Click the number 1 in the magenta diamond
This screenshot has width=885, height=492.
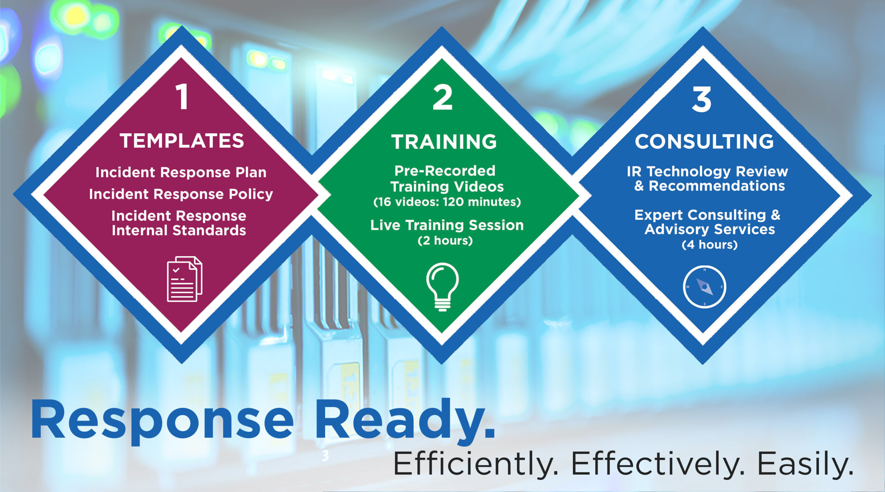[183, 97]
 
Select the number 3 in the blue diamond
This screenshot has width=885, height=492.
[702, 99]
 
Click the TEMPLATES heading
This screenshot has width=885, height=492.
[182, 141]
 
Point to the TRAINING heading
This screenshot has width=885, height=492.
[444, 141]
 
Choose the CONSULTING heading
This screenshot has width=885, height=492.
[704, 141]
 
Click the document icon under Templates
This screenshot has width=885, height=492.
[185, 279]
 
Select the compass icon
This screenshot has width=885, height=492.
[705, 287]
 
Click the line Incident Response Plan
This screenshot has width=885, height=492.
[181, 172]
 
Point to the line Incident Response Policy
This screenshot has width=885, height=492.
[181, 194]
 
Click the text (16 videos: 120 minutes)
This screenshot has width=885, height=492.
[447, 202]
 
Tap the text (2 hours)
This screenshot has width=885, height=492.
[445, 240]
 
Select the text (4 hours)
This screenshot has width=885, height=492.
[710, 245]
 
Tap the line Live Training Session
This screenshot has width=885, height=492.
[447, 225]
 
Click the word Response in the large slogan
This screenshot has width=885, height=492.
[162, 422]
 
